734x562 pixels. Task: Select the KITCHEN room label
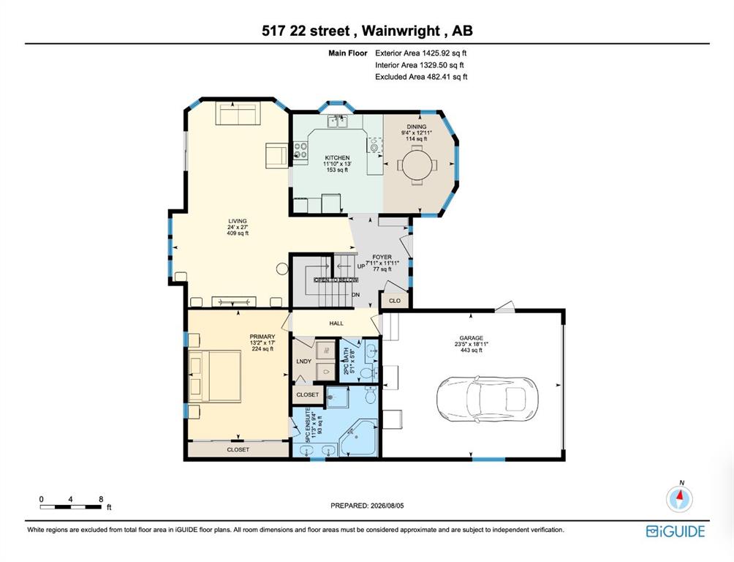point(337,158)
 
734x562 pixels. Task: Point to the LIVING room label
point(238,221)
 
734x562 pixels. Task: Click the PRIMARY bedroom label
point(262,337)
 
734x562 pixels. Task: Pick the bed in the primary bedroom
point(215,377)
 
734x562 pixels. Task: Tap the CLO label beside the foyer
point(395,301)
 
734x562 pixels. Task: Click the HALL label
point(336,323)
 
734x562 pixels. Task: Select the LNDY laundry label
point(304,361)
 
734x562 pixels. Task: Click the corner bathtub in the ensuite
point(359,438)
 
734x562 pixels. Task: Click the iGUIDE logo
point(675,531)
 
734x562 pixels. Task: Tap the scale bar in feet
point(69,506)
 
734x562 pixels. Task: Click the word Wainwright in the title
point(401,31)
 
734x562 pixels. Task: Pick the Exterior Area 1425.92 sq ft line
point(421,53)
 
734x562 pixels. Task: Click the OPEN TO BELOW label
point(336,280)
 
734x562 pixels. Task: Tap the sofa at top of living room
point(236,114)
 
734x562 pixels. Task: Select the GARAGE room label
point(471,338)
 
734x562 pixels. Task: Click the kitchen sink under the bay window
point(338,122)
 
